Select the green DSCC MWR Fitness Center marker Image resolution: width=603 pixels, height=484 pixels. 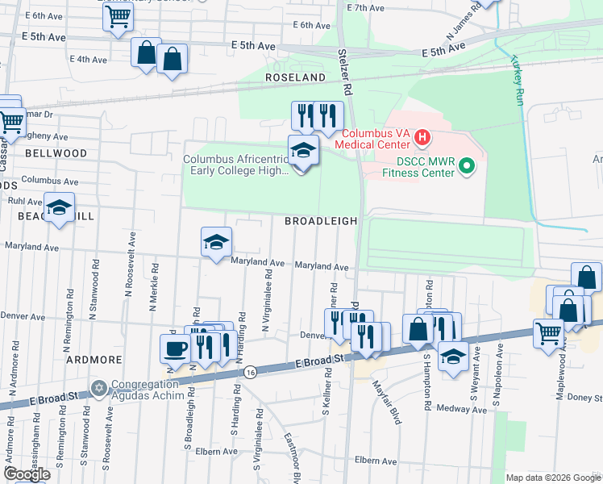[x=465, y=167]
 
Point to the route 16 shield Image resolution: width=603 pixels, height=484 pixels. [x=252, y=372]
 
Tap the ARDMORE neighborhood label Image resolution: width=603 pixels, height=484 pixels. [x=94, y=359]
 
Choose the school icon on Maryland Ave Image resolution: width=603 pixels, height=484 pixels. [x=216, y=242]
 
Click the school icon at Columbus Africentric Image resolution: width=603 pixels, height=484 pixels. [x=303, y=151]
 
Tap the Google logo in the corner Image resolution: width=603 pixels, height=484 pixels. [x=27, y=474]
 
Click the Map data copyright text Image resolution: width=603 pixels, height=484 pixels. [x=553, y=478]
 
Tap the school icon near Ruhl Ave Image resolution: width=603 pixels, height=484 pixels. [x=59, y=209]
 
